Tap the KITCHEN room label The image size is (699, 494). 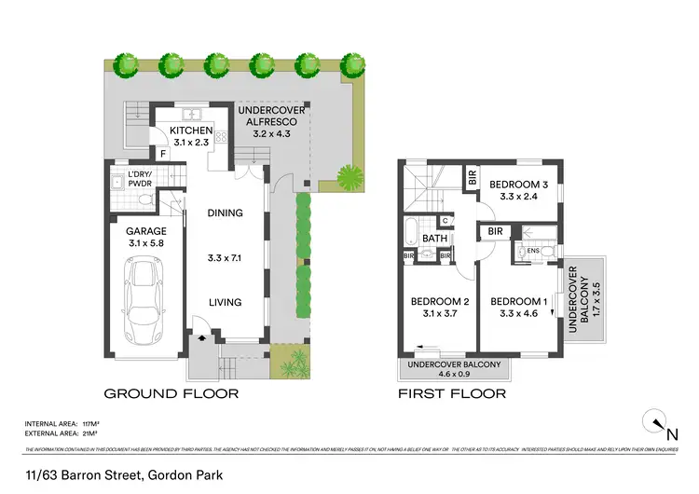coord(185,131)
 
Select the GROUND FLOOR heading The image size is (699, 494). coord(171,393)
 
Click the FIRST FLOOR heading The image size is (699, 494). coord(452,393)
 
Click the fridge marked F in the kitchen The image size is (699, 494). coord(162,153)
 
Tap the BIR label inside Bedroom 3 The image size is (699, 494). coord(473,178)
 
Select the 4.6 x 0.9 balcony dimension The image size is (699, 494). coord(454,376)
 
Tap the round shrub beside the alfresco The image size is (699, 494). coord(349,174)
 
